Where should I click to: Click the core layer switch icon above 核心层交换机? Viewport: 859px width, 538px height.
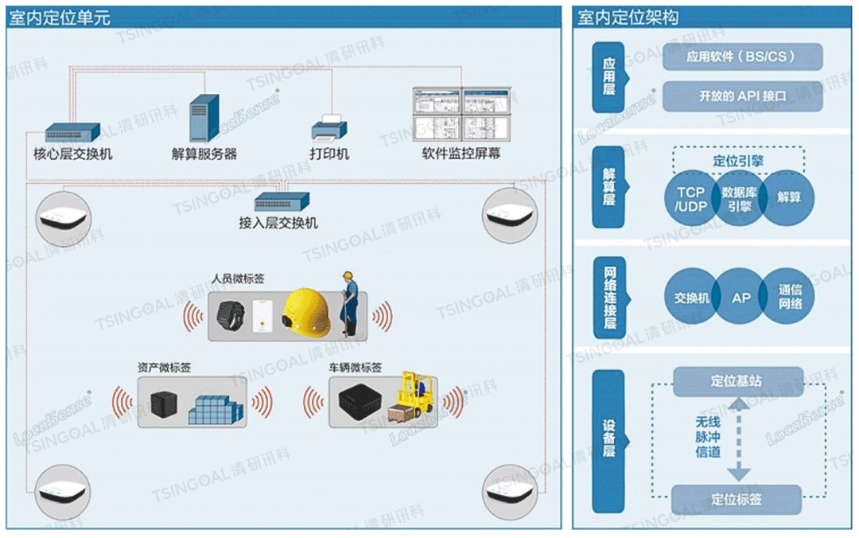[72, 132]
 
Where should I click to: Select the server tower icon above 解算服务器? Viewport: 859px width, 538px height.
[204, 118]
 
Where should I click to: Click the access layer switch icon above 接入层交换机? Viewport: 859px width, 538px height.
[282, 201]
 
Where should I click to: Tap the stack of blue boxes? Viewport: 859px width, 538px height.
[215, 409]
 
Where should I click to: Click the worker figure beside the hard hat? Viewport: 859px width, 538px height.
[349, 302]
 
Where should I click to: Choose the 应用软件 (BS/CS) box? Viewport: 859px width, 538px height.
[742, 57]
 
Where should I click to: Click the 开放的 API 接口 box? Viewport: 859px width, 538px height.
[742, 96]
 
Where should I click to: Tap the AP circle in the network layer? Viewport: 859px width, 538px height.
[740, 298]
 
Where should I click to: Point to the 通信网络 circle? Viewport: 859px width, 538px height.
[790, 298]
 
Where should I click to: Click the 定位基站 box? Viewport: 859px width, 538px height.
[737, 380]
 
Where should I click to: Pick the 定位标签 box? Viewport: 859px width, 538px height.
[737, 500]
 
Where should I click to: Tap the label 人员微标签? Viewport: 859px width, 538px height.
[238, 279]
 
